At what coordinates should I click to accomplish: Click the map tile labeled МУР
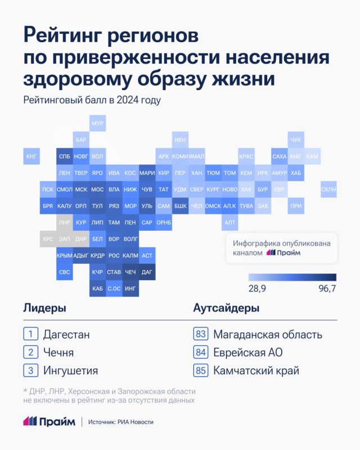pyautogui.click(x=97, y=123)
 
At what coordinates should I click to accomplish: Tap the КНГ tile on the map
pyautogui.click(x=31, y=156)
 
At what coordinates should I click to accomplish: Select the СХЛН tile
pyautogui.click(x=328, y=190)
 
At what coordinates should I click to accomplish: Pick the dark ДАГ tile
pyautogui.click(x=147, y=272)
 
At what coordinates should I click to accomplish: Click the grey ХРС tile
pyautogui.click(x=48, y=239)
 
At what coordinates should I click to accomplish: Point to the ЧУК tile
pyautogui.click(x=295, y=139)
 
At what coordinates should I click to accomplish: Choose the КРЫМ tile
pyautogui.click(x=65, y=255)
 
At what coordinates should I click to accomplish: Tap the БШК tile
pyautogui.click(x=181, y=206)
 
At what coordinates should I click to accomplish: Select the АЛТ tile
pyautogui.click(x=229, y=223)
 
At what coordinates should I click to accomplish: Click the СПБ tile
pyautogui.click(x=65, y=156)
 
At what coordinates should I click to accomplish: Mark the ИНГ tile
pyautogui.click(x=130, y=288)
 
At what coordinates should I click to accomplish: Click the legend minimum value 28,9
pyautogui.click(x=258, y=288)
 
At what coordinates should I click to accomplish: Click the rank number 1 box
pyautogui.click(x=30, y=334)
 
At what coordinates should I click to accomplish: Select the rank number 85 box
pyautogui.click(x=200, y=371)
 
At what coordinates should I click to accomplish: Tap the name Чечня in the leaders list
pyautogui.click(x=58, y=353)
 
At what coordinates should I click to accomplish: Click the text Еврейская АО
pyautogui.click(x=247, y=353)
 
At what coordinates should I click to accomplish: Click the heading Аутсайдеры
pyautogui.click(x=226, y=308)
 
